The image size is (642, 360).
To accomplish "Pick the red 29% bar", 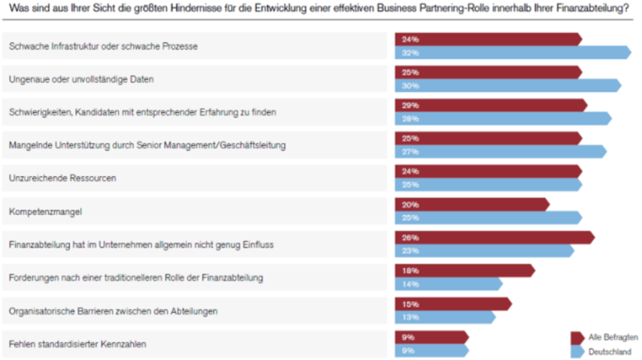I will [x=490, y=105].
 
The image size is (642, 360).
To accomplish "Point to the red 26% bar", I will [x=493, y=237].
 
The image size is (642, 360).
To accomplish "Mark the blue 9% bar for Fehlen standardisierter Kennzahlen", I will [x=431, y=351].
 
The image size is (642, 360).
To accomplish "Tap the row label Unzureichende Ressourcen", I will [x=62, y=178].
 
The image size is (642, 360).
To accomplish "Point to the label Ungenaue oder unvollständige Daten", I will [x=81, y=79].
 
